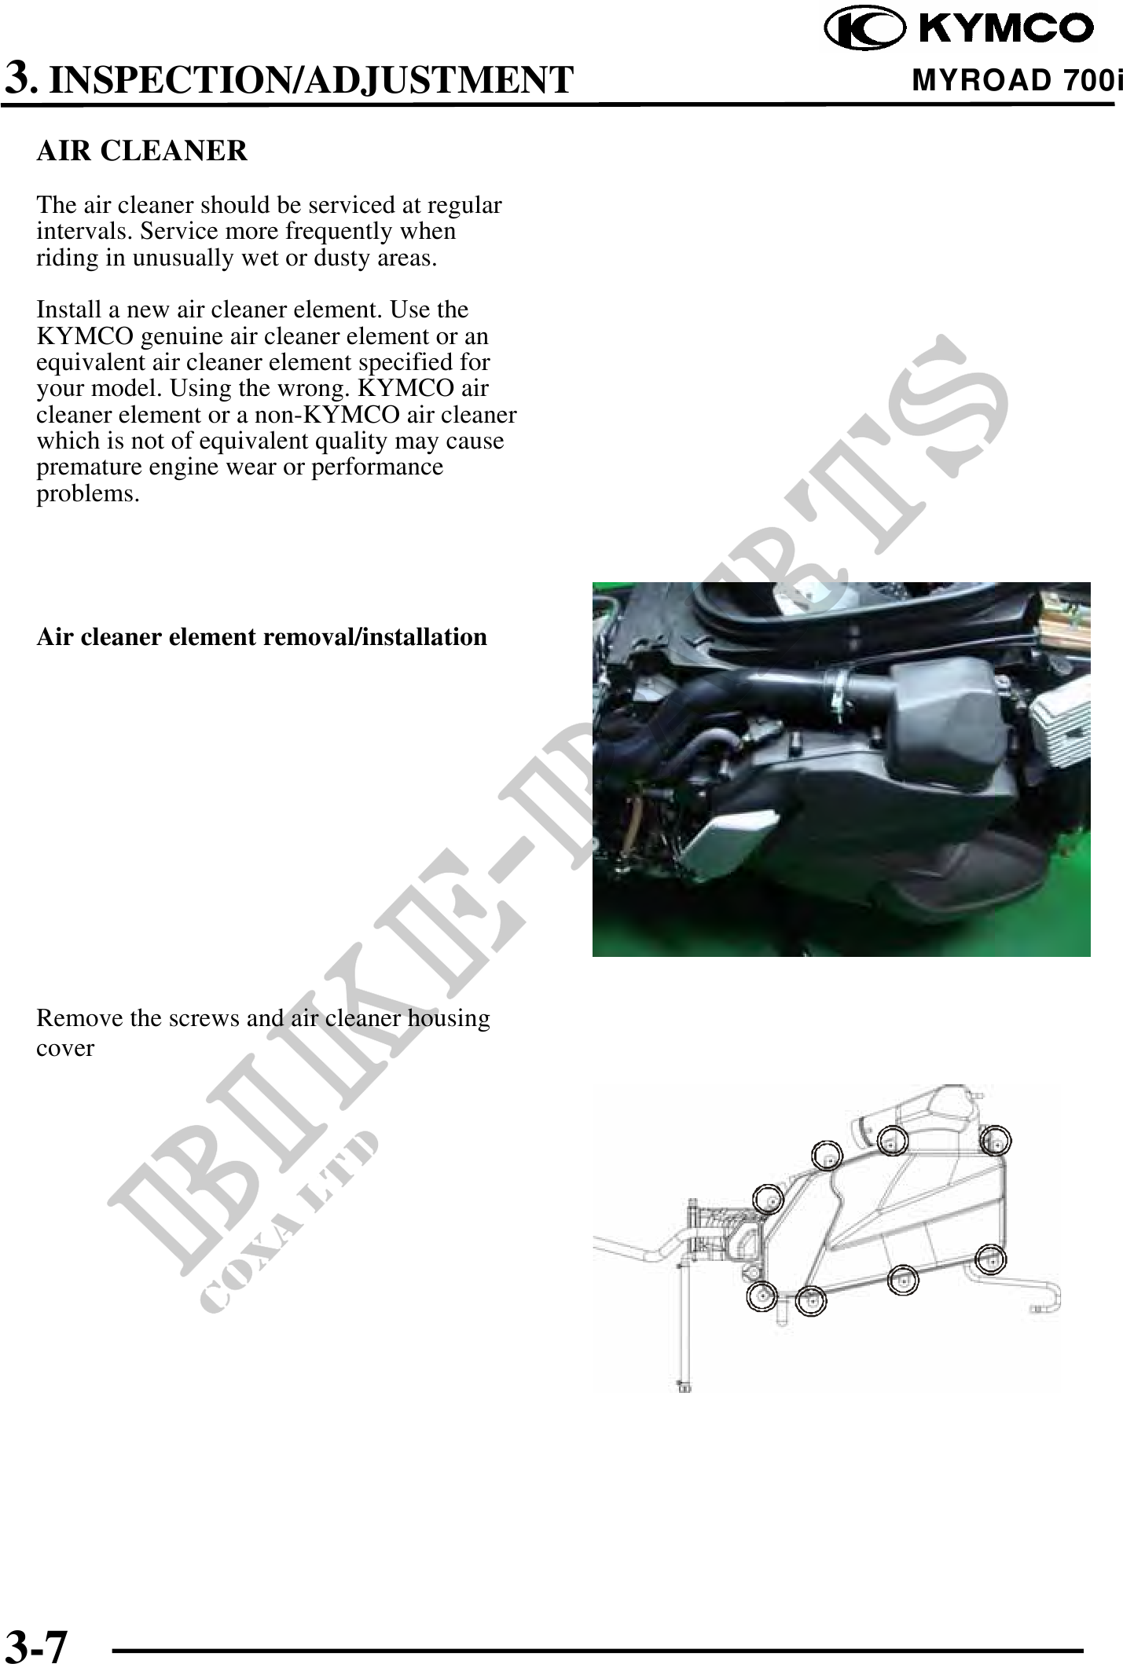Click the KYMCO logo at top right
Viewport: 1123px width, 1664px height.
click(x=959, y=28)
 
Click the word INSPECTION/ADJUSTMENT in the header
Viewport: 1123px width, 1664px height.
click(x=311, y=80)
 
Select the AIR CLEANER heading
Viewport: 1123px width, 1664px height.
click(x=142, y=150)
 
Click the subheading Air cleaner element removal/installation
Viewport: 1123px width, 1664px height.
click(x=262, y=636)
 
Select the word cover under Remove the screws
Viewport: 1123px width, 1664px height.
click(x=65, y=1048)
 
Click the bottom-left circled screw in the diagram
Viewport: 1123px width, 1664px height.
click(x=762, y=1296)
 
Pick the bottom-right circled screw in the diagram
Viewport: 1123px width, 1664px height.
click(x=992, y=1259)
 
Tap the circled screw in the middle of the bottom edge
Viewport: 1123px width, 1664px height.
click(x=904, y=1280)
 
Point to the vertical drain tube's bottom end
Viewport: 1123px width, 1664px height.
click(x=683, y=1387)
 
